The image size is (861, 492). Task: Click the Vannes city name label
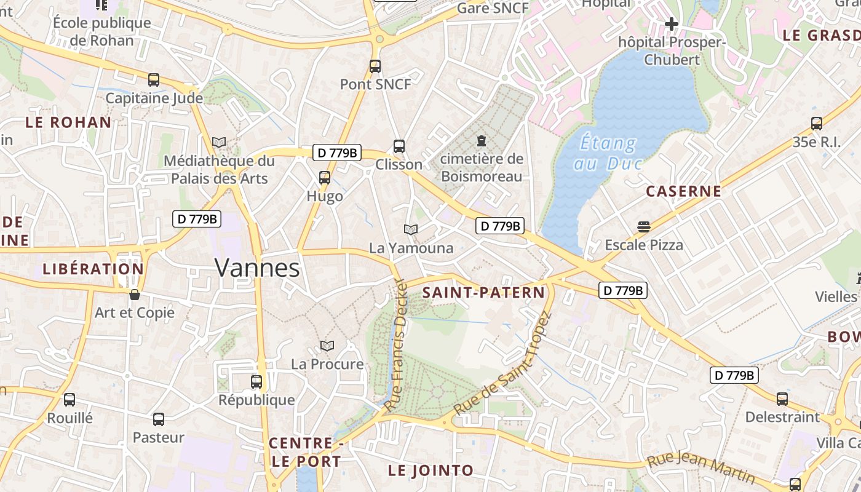pyautogui.click(x=257, y=268)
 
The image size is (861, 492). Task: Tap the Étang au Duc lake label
pyautogui.click(x=608, y=153)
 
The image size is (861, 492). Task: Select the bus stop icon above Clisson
pyautogui.click(x=399, y=146)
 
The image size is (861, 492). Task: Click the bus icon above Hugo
pyautogui.click(x=324, y=178)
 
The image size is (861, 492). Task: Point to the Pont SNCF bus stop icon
pyautogui.click(x=375, y=66)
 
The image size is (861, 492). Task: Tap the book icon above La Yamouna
pyautogui.click(x=411, y=229)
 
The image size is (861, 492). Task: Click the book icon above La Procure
pyautogui.click(x=327, y=346)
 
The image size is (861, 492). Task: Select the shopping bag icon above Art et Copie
pyautogui.click(x=135, y=295)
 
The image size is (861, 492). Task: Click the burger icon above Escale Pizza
pyautogui.click(x=644, y=226)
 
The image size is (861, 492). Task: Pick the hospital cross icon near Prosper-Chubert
pyautogui.click(x=672, y=25)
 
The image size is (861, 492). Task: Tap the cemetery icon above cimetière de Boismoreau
pyautogui.click(x=482, y=140)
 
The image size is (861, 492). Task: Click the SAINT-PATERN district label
pyautogui.click(x=483, y=293)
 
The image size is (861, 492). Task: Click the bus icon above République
pyautogui.click(x=256, y=382)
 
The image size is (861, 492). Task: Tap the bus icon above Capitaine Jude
pyautogui.click(x=154, y=80)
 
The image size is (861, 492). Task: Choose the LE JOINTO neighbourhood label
pyautogui.click(x=430, y=471)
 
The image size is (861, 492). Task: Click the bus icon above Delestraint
pyautogui.click(x=782, y=399)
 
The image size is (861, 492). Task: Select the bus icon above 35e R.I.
pyautogui.click(x=817, y=123)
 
